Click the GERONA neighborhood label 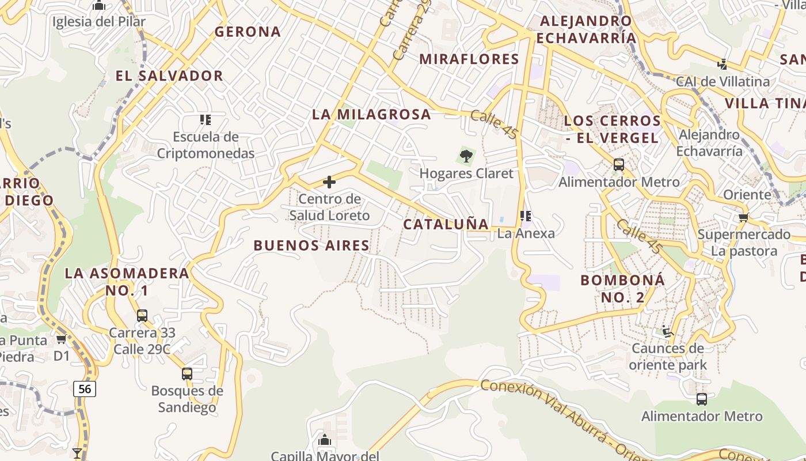tap(248, 32)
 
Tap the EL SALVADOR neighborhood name tap(169, 75)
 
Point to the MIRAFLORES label tap(469, 59)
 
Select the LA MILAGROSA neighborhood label tap(371, 114)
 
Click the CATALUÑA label tap(446, 224)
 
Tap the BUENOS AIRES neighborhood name tap(311, 245)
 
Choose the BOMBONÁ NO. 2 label tap(623, 289)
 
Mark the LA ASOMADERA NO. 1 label tap(127, 282)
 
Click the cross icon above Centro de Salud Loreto tap(329, 183)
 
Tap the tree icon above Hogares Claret tap(466, 156)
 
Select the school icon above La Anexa tap(526, 216)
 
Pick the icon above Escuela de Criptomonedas tap(206, 120)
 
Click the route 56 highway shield tap(85, 389)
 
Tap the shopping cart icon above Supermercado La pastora tap(743, 217)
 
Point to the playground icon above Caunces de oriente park tap(668, 331)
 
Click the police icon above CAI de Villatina tap(722, 64)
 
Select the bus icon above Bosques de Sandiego tap(187, 373)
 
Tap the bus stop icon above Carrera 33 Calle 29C tap(142, 316)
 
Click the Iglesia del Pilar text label tap(99, 22)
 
